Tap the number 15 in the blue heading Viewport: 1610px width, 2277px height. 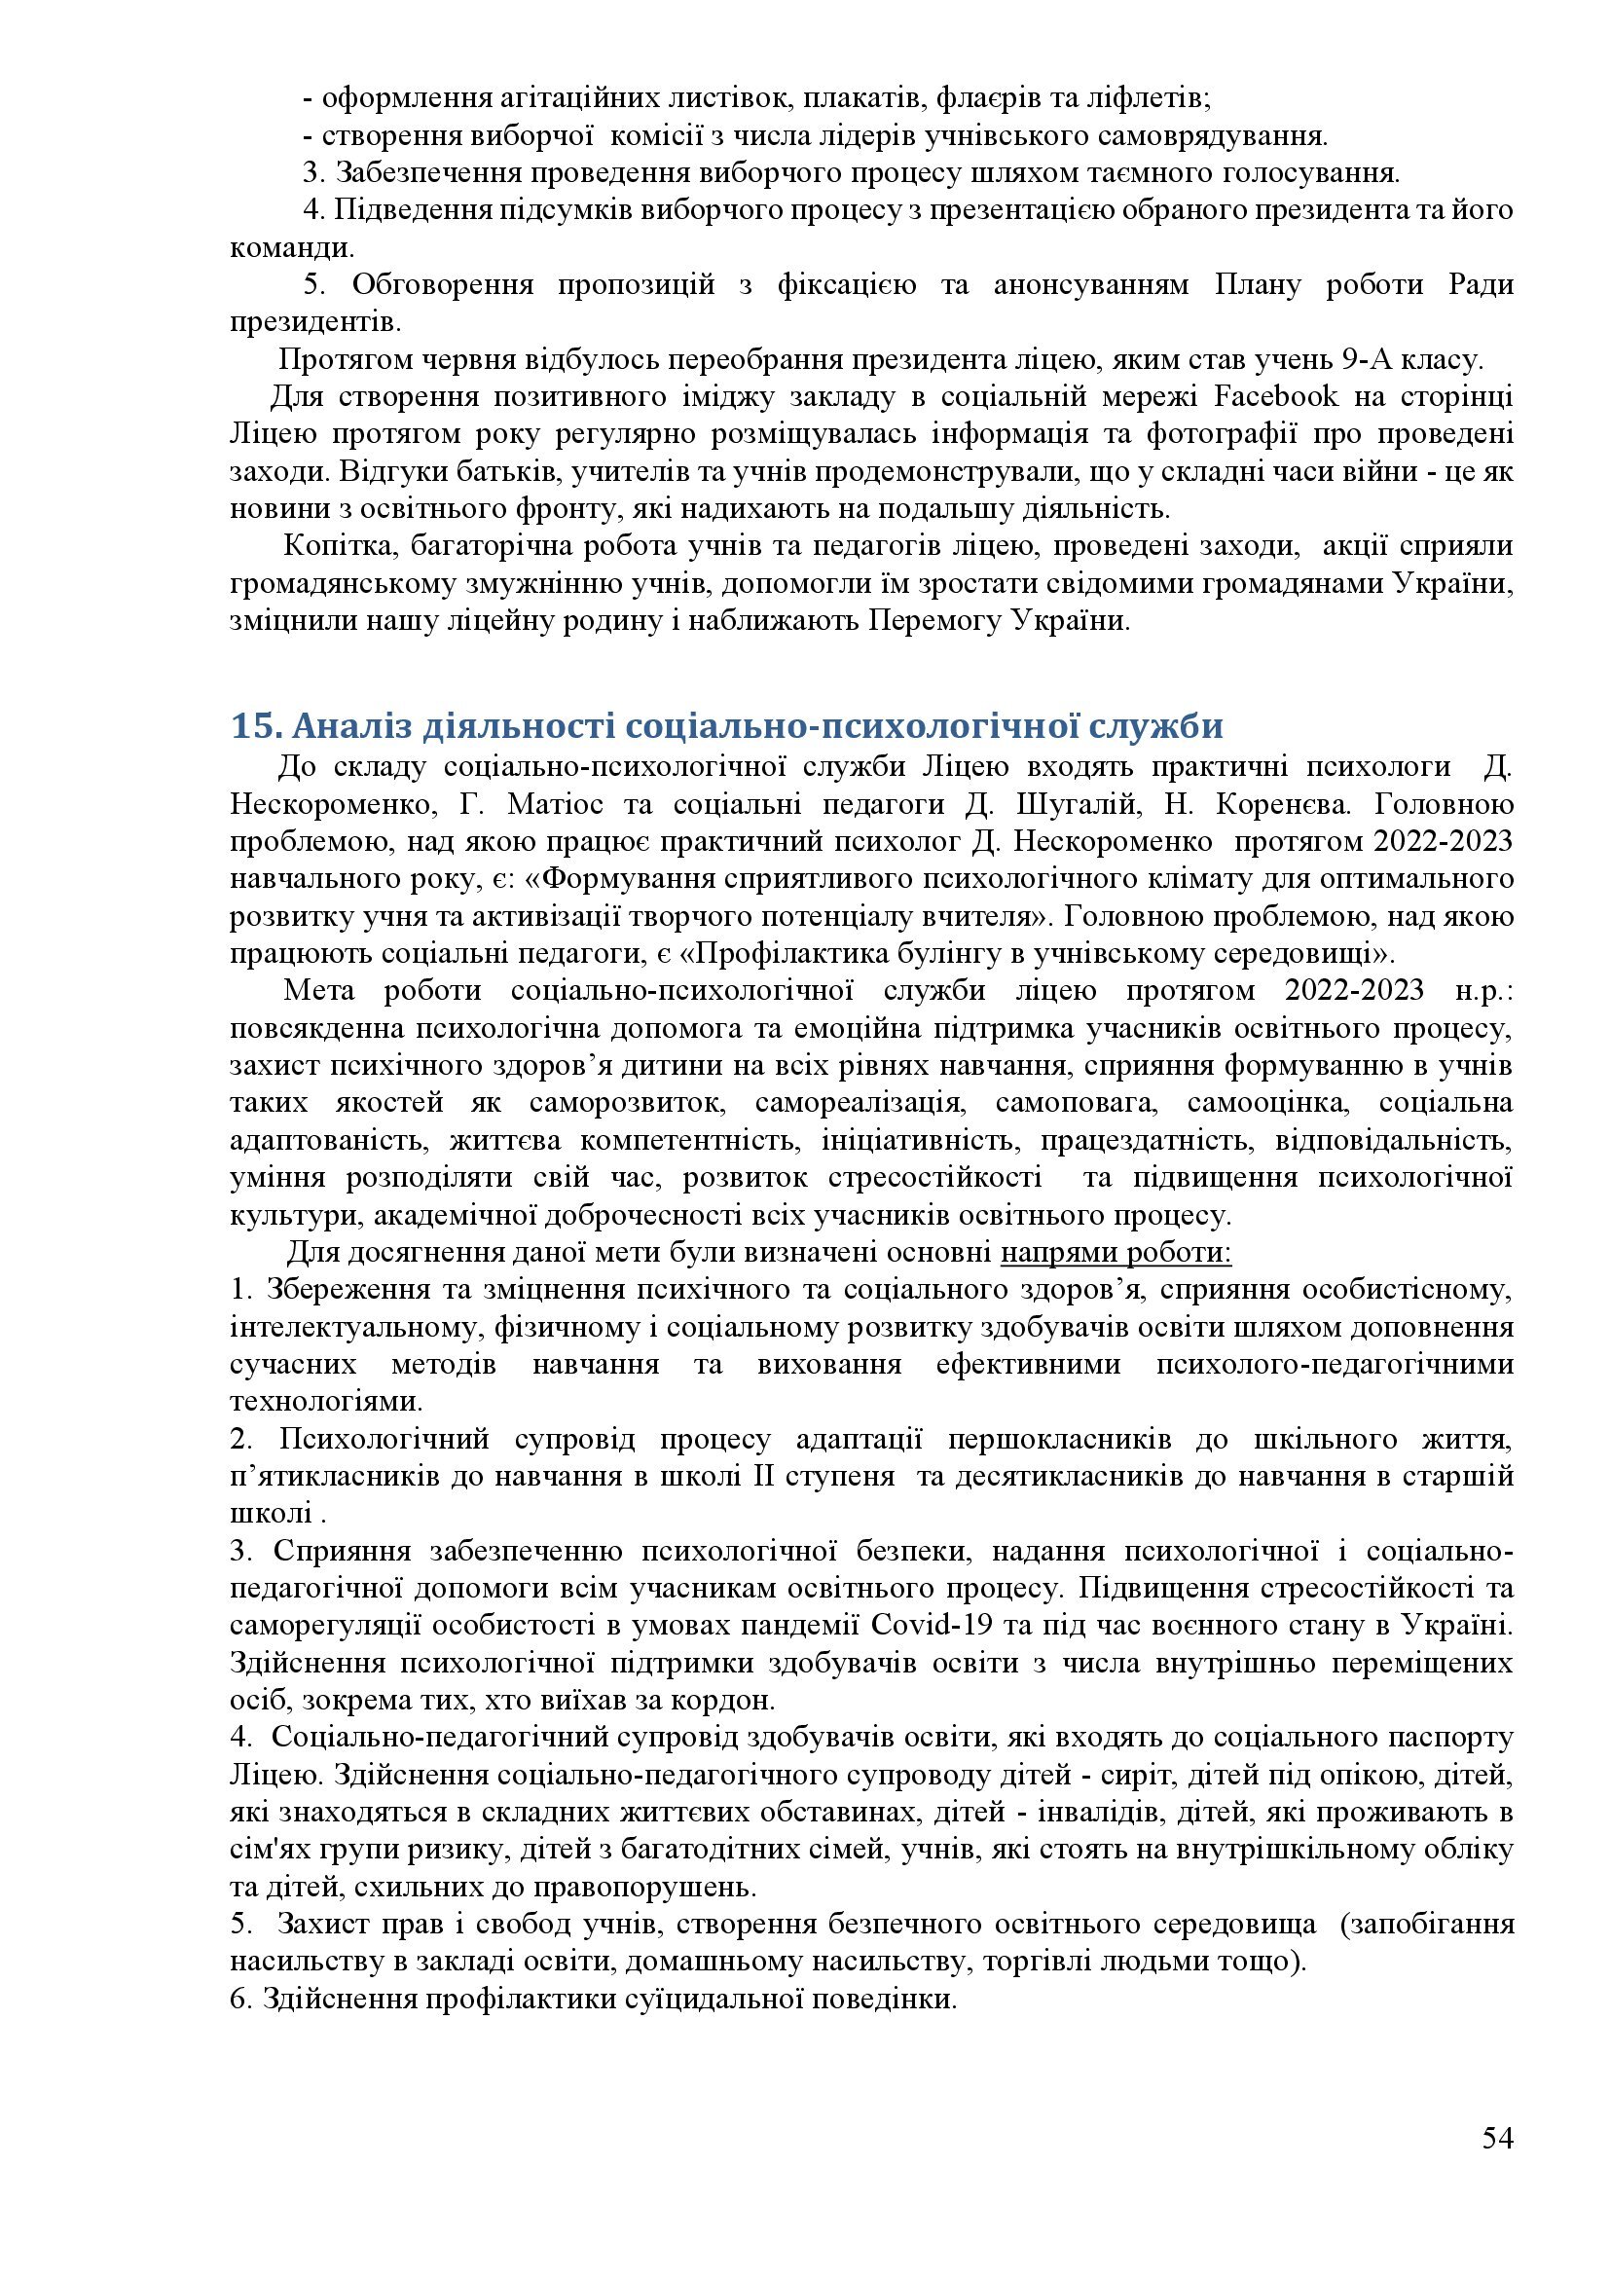click(x=249, y=726)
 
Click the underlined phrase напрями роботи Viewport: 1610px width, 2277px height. click(x=1116, y=1253)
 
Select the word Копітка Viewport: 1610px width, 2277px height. click(x=339, y=546)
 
